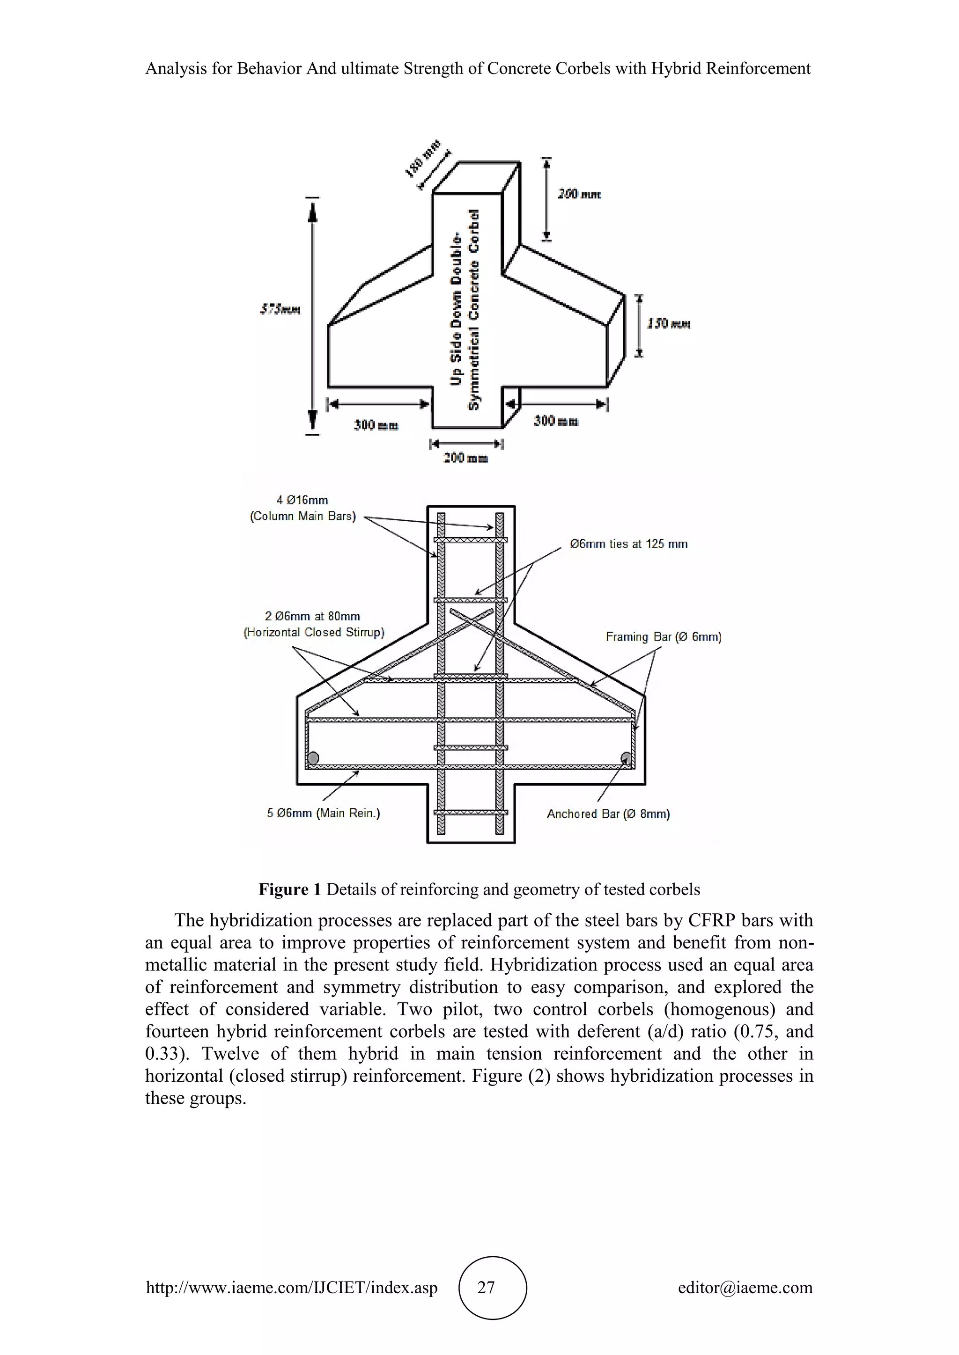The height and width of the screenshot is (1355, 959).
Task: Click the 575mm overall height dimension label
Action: [280, 309]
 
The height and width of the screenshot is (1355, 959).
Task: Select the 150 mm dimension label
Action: [669, 323]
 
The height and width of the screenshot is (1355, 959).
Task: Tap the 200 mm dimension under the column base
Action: [466, 458]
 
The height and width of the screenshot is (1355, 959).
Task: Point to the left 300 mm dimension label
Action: [376, 425]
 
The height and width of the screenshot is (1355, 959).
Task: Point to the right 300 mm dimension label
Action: [556, 421]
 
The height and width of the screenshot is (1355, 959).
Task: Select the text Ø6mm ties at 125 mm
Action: [629, 544]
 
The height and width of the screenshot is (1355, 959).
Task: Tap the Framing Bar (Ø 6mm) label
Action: [663, 637]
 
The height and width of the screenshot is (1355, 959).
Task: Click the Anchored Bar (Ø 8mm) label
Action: [608, 814]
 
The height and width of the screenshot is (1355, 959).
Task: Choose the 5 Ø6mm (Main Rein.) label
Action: [324, 813]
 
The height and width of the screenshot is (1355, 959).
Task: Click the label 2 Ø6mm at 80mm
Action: [312, 616]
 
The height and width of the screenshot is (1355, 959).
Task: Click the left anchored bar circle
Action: [313, 758]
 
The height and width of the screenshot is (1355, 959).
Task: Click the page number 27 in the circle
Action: [486, 1287]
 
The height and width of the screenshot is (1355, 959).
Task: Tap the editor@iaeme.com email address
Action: [745, 1287]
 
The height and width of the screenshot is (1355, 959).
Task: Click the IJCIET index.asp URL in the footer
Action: [292, 1287]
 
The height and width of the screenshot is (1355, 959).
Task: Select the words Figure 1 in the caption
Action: [289, 889]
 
